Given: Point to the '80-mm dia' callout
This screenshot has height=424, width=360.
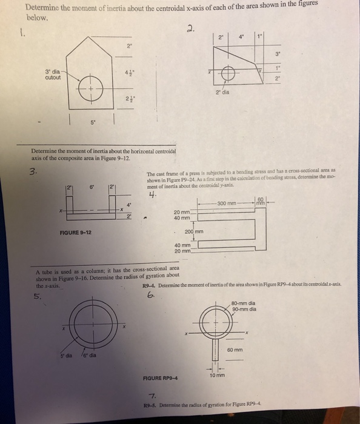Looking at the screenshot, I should point(245,303).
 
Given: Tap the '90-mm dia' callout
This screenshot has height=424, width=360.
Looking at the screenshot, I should point(245,310).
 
